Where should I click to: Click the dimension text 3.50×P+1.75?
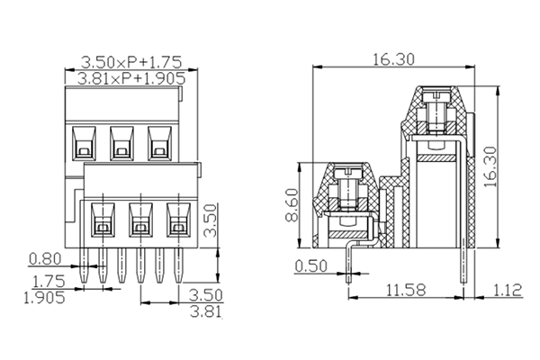(131, 62)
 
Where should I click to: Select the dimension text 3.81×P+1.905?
(131, 78)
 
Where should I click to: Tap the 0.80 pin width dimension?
(45, 259)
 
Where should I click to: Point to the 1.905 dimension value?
(43, 298)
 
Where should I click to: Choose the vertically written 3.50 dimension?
(209, 220)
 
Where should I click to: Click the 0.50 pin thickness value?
(312, 266)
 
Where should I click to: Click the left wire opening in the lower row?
(102, 220)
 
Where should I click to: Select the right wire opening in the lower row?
(177, 220)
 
